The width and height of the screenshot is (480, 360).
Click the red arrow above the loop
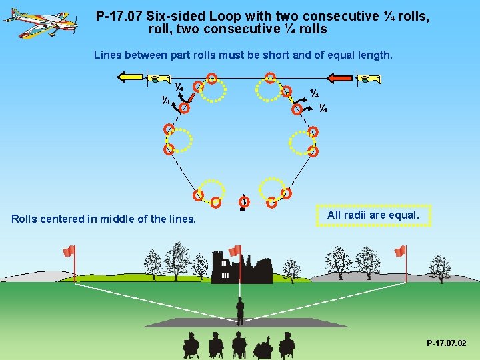339,77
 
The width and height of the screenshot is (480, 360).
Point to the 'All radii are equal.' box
373,215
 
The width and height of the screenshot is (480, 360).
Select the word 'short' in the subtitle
275,55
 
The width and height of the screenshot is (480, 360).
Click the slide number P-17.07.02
446,343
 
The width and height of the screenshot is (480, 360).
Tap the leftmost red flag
69,251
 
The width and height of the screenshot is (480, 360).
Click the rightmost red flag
400,251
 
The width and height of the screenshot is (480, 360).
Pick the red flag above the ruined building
235,251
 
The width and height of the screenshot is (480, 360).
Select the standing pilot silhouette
240,310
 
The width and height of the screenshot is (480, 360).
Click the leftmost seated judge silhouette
191,344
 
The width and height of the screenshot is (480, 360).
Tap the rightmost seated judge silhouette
287,345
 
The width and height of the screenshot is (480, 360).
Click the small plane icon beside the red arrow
369,79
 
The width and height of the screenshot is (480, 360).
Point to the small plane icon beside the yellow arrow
157,79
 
